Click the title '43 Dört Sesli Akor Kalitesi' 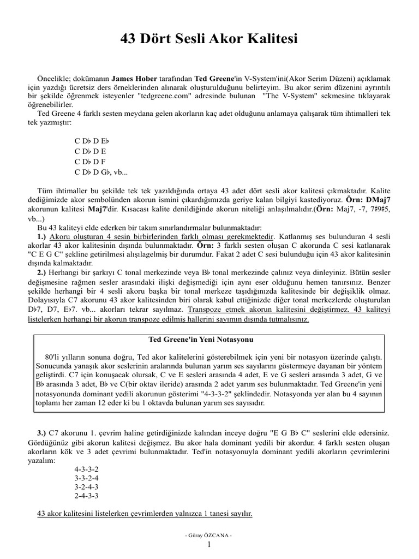point(209,40)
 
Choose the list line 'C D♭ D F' point(90,162)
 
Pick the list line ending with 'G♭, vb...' point(101,173)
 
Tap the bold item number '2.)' point(42,271)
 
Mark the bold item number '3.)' point(42,432)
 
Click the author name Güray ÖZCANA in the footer point(209,536)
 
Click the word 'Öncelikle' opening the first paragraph point(54,78)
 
